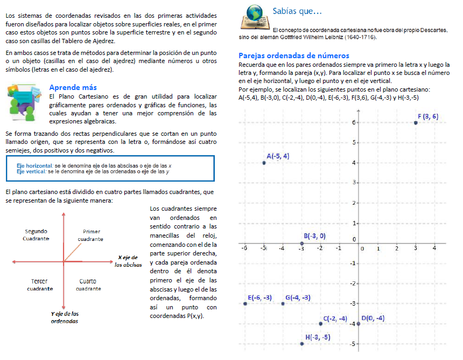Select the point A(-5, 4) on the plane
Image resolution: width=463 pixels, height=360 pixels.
[x=264, y=162]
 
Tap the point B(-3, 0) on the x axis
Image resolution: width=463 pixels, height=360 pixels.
[x=301, y=244]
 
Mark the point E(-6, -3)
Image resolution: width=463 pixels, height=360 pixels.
[x=245, y=304]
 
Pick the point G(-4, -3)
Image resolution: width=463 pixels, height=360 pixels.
[x=283, y=304]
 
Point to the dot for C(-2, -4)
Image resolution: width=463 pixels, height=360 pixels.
[x=321, y=324]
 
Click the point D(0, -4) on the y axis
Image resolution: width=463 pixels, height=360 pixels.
[x=359, y=324]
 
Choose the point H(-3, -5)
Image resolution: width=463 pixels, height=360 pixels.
[x=302, y=344]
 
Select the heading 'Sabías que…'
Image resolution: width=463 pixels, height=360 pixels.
[x=297, y=11]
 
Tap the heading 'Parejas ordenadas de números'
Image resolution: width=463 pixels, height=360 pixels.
[x=293, y=56]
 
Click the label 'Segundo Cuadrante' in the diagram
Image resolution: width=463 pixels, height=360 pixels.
[x=36, y=234]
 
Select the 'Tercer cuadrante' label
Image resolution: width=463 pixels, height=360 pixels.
[x=39, y=285]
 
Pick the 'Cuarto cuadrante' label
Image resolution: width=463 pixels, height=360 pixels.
[x=88, y=285]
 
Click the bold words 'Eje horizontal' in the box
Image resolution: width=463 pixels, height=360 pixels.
[x=34, y=165]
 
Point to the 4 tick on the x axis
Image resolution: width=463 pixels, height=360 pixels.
[x=434, y=248]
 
